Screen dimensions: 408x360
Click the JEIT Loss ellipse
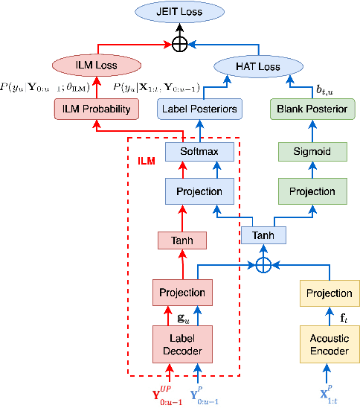179,12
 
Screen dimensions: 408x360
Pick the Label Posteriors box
199,109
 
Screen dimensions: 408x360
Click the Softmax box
199,153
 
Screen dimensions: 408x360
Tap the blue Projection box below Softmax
199,191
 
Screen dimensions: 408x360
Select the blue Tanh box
263,235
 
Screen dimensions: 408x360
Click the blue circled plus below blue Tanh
263,264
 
